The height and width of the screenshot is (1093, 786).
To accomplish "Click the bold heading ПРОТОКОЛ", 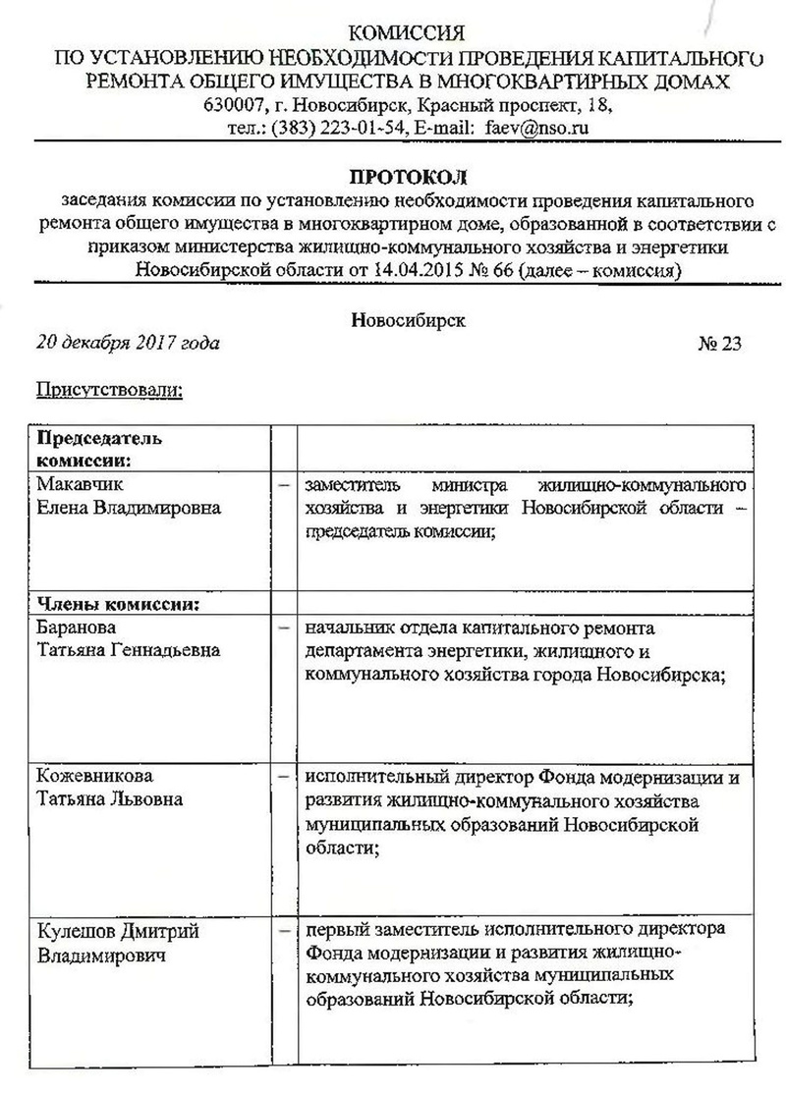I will point(410,178).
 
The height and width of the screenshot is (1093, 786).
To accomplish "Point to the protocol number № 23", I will point(719,343).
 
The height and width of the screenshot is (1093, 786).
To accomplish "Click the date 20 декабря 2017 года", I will point(128,343).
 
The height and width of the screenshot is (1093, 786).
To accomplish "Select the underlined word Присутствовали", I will point(110,390).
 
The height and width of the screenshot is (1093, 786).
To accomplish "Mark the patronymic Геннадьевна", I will point(158,650).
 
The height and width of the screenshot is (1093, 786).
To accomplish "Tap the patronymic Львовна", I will point(149,798).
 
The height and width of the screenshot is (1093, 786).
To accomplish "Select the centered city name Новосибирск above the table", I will point(408,319).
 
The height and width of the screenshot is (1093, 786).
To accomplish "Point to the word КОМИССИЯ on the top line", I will point(410,32).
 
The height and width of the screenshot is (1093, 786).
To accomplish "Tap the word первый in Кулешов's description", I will point(333,929).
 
